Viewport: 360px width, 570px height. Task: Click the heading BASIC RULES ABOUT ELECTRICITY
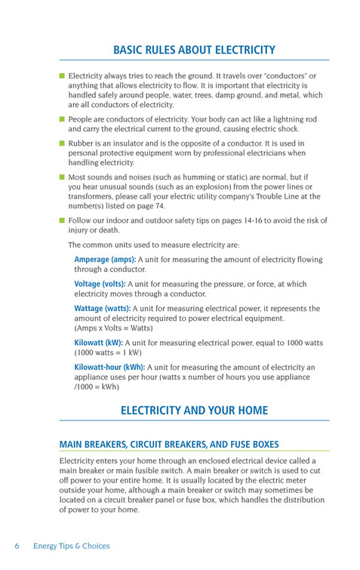[194, 50]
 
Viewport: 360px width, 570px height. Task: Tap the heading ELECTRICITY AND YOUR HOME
[194, 411]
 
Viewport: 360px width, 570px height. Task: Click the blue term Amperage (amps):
[105, 260]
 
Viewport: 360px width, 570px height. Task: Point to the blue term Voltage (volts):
[99, 284]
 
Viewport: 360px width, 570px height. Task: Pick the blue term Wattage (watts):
[102, 309]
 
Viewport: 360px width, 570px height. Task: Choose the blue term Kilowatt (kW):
[94, 342]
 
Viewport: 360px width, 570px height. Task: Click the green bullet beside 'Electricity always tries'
[62, 76]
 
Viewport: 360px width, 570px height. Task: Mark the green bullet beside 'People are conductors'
[62, 119]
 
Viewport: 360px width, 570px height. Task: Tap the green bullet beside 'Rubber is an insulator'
[62, 143]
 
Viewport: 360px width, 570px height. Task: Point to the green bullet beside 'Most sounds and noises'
[62, 177]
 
